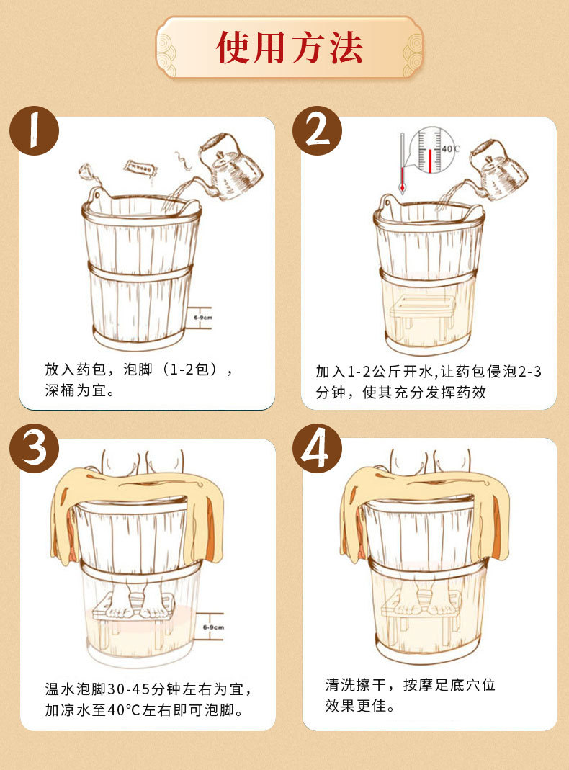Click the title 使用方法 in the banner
290,48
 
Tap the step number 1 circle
34,130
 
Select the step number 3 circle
34,448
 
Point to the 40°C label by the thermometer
450,149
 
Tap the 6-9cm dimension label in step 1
205,316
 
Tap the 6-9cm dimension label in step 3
213,627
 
